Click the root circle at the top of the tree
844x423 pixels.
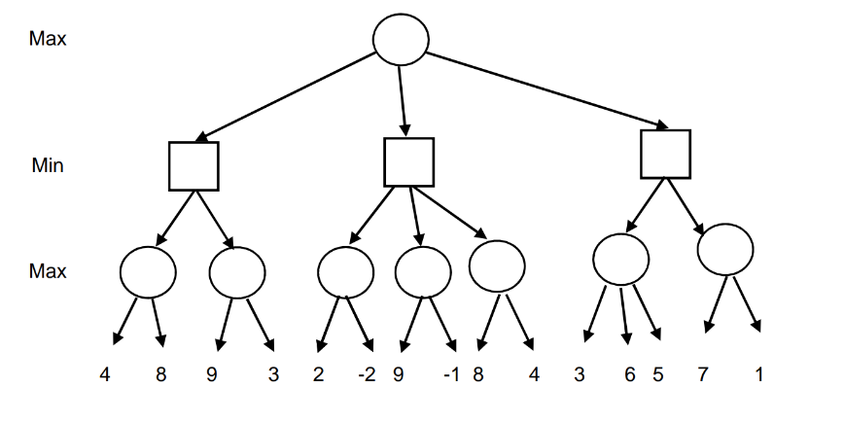401,38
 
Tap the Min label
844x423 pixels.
48,165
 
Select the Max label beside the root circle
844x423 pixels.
48,39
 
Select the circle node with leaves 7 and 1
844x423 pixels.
726,250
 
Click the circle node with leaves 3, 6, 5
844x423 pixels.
620,260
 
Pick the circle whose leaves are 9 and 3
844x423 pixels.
237,271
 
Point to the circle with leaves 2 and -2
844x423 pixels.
345,271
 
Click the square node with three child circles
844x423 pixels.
408,161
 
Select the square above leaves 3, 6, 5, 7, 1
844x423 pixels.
665,153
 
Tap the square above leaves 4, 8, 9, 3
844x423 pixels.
193,165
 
